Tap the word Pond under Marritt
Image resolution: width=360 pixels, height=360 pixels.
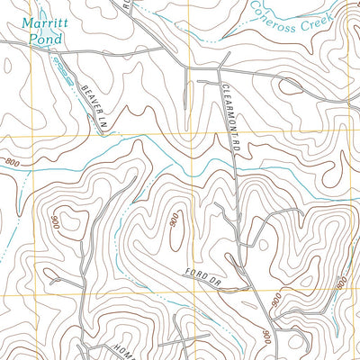pyautogui.click(x=42, y=40)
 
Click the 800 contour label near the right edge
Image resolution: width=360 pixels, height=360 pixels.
pyautogui.click(x=342, y=283)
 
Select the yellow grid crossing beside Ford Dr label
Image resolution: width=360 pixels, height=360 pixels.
pyautogui.click(x=187, y=295)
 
